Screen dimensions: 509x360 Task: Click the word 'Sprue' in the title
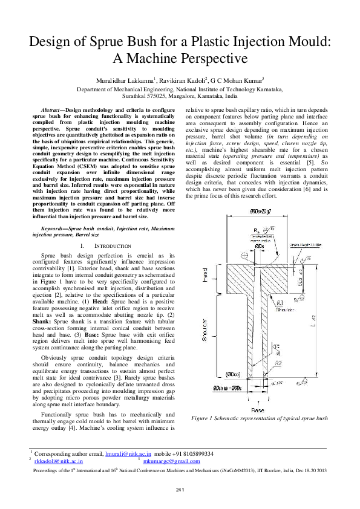click(x=120, y=42)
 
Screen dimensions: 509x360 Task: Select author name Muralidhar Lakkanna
click(x=125, y=80)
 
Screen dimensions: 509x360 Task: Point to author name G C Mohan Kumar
click(x=239, y=80)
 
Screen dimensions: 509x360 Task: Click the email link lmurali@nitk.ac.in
click(x=128, y=453)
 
